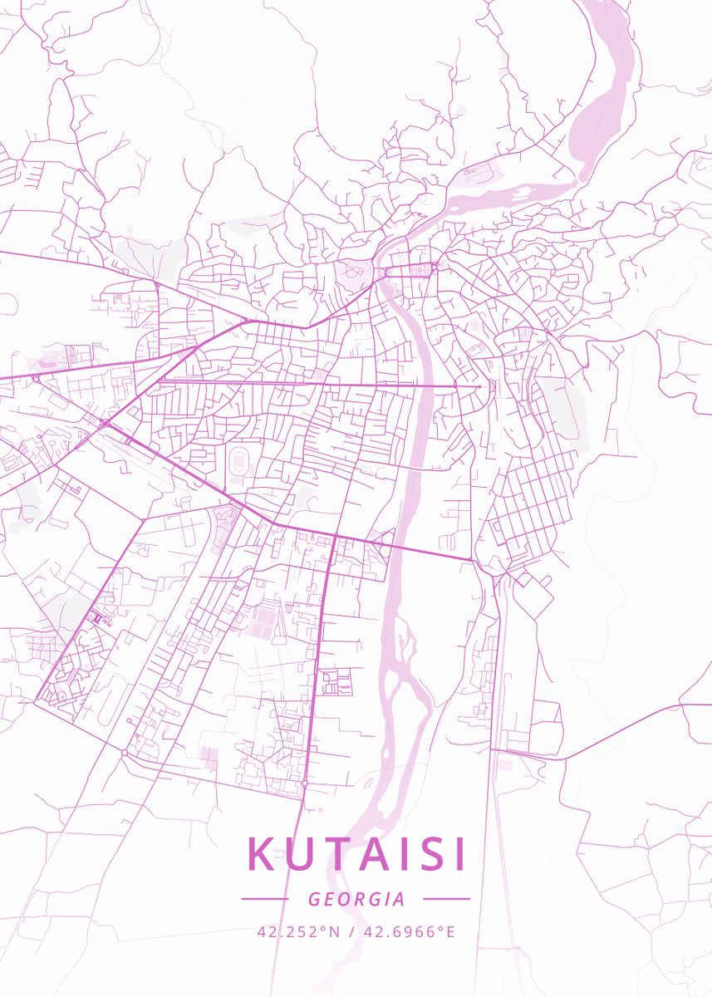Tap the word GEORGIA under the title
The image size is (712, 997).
click(x=356, y=899)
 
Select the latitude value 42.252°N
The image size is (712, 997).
click(x=299, y=931)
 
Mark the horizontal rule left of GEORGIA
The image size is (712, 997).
click(x=264, y=899)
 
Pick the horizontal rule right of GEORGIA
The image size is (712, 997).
click(x=446, y=899)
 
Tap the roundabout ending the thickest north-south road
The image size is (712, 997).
click(x=305, y=783)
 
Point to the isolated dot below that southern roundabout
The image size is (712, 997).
click(x=320, y=808)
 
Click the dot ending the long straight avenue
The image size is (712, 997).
click(x=479, y=386)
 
